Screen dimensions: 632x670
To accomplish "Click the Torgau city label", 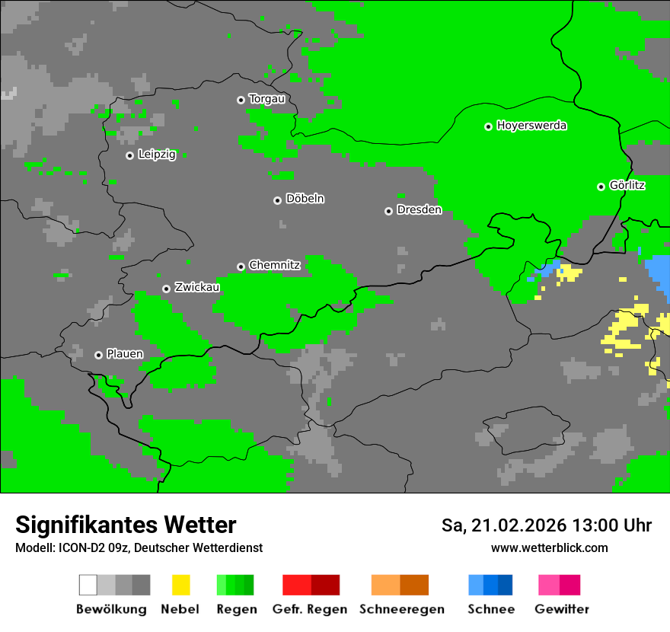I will pos(266,99).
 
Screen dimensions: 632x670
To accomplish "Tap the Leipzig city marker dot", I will pos(130,155).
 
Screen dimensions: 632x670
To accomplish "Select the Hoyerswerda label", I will pos(531,126).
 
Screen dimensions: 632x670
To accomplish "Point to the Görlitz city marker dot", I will pos(601,187).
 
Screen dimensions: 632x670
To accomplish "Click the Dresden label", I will pos(419,210).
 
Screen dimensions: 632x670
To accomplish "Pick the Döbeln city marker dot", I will pos(277,200).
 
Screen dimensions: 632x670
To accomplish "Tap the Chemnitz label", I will pos(274,266).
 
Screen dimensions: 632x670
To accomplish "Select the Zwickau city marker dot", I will pos(166,289).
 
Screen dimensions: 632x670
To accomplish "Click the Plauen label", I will pos(124,354).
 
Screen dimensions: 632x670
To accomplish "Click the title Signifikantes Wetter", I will pos(126,525).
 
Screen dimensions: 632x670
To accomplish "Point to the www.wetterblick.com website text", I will pos(549,548).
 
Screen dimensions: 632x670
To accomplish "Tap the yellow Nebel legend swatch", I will pos(180,585).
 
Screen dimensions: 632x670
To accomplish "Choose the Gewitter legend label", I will pos(562,609).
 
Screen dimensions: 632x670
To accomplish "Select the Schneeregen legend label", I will pos(402,609).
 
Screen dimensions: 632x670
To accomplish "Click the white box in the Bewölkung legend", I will pos(88,585).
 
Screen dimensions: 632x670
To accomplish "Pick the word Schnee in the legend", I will pos(491,609).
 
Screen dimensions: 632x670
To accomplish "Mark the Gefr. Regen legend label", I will pos(310,609).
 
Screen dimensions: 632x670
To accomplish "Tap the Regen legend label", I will pos(235,609).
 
